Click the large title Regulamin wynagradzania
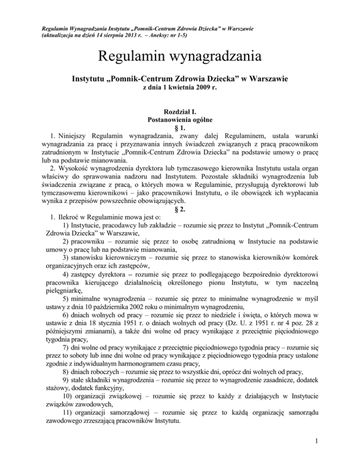(180, 60)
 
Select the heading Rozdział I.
(180, 113)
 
